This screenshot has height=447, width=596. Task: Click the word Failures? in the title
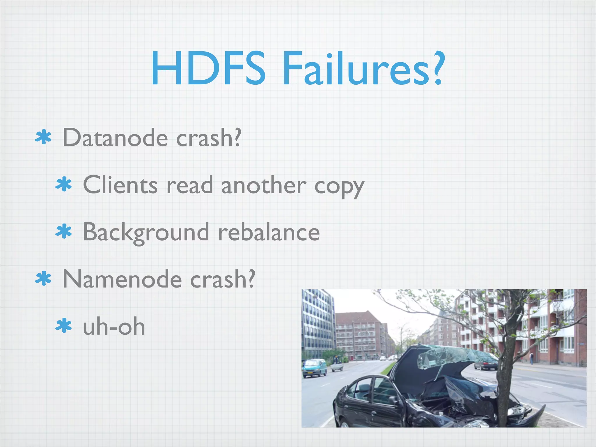pyautogui.click(x=364, y=69)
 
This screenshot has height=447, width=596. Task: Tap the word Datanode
pyautogui.click(x=115, y=138)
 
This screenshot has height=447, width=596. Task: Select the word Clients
pyautogui.click(x=120, y=185)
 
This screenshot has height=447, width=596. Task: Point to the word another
pyautogui.click(x=264, y=185)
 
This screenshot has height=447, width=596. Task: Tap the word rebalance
pyautogui.click(x=269, y=232)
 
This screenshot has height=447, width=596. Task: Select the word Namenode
pyautogui.click(x=122, y=279)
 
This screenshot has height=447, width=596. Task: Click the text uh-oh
pyautogui.click(x=114, y=327)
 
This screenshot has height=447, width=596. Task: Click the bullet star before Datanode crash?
pyautogui.click(x=43, y=138)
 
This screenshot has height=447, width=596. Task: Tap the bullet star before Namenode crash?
pyautogui.click(x=43, y=279)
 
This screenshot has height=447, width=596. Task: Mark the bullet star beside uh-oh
pyautogui.click(x=63, y=326)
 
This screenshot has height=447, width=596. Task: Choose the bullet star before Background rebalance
pyautogui.click(x=63, y=232)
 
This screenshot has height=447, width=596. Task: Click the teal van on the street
pyautogui.click(x=314, y=368)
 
